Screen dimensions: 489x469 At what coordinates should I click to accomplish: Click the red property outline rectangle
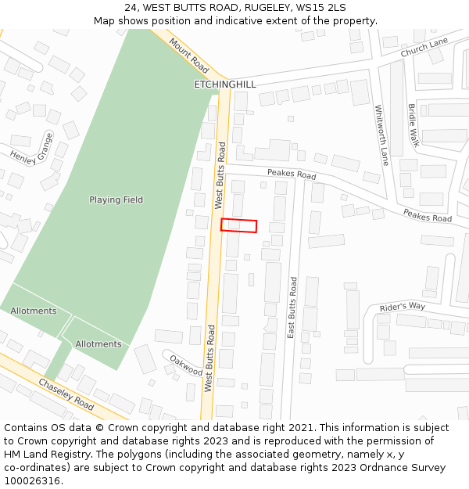[238, 225]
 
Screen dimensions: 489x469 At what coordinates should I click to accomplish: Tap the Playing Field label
[116, 200]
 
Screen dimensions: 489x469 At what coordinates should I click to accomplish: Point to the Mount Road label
[188, 55]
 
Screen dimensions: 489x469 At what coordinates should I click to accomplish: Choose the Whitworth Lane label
[381, 135]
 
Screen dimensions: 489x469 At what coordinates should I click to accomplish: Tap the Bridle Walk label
[414, 125]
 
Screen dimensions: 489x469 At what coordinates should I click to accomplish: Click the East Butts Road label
[292, 307]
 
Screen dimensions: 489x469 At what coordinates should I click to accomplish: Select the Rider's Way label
[402, 306]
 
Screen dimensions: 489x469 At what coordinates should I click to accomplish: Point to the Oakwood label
[186, 365]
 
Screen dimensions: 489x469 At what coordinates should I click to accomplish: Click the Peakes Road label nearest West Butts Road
[292, 174]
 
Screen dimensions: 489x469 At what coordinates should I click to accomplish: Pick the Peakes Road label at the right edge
[428, 215]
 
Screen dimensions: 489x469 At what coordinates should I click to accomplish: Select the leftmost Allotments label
[34, 311]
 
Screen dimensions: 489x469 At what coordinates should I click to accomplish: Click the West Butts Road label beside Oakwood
[209, 358]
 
